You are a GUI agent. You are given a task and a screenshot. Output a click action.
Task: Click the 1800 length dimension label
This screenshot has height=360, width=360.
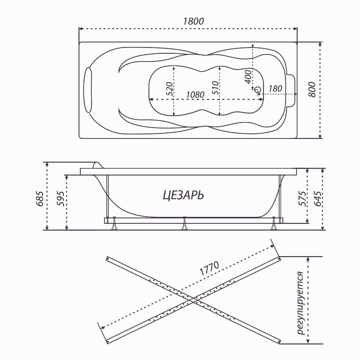point(193,21)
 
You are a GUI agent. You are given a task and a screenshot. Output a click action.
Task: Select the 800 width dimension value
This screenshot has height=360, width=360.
point(312,89)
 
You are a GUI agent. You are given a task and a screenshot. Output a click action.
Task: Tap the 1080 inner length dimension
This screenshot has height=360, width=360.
point(195,95)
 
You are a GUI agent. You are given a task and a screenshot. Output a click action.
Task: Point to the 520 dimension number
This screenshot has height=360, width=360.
point(170,88)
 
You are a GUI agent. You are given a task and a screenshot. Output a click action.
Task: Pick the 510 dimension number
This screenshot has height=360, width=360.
point(215,88)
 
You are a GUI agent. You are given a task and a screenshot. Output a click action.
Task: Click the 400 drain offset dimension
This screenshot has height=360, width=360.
point(248,77)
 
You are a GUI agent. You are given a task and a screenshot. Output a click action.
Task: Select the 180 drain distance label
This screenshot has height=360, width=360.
point(275,88)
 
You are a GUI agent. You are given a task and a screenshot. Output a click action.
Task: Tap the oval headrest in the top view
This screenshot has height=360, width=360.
point(88,90)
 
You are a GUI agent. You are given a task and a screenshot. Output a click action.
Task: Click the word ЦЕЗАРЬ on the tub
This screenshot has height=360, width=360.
point(183,196)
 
